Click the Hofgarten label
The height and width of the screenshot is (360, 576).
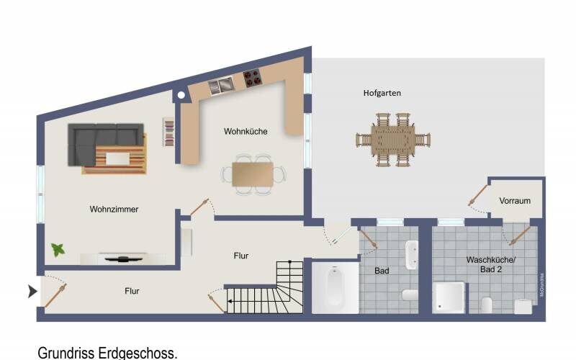(x=382, y=93)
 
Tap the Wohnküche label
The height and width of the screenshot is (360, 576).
(x=246, y=132)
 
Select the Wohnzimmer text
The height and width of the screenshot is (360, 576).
(x=114, y=210)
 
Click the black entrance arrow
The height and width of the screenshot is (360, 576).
(x=32, y=292)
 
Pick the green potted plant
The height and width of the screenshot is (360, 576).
(x=58, y=250)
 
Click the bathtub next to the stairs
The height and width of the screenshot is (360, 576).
(x=335, y=288)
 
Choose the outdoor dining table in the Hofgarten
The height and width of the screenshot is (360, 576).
(x=392, y=138)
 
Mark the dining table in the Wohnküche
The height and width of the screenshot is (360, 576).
(x=252, y=174)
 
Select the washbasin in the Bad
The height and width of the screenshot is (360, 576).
(x=412, y=254)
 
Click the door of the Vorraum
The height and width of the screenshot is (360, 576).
(x=477, y=197)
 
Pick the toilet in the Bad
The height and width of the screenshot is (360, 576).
(x=410, y=295)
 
